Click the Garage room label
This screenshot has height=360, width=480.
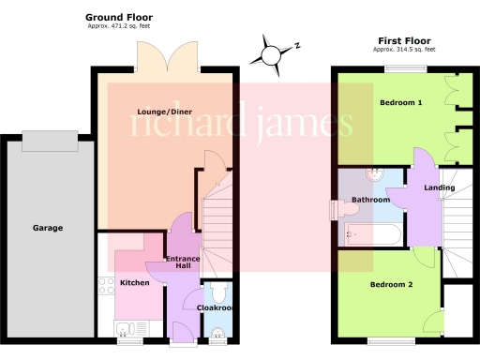(48, 227)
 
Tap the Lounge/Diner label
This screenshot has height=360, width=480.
(157, 113)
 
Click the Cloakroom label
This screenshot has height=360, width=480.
(215, 307)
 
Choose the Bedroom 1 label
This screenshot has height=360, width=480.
(400, 101)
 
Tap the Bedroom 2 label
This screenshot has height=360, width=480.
(391, 284)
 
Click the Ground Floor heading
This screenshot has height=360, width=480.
(119, 18)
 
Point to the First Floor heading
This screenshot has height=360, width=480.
(404, 40)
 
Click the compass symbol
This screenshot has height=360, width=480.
(272, 52)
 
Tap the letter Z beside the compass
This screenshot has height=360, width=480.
(296, 44)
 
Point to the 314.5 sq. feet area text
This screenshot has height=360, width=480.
(404, 49)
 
